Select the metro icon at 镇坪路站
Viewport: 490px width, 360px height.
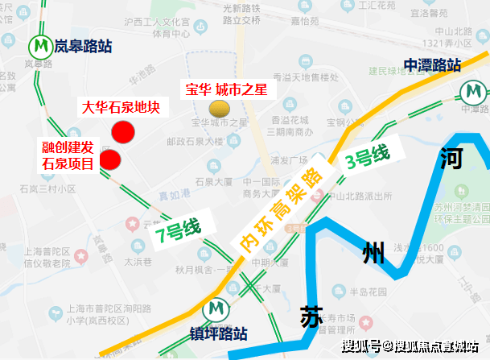point(216,309)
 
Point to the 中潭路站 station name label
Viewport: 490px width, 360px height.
point(432,65)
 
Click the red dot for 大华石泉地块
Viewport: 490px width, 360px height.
point(122,132)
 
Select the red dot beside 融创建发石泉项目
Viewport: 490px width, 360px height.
point(109,159)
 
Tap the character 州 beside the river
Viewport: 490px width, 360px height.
point(373,254)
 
